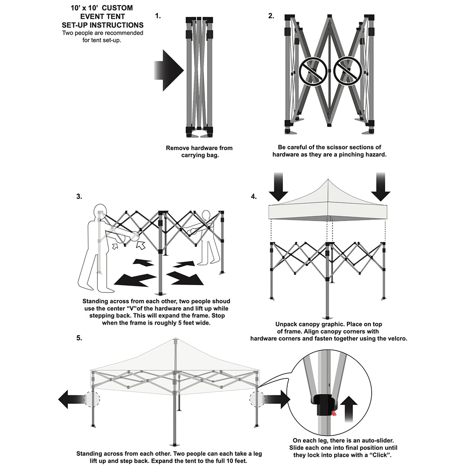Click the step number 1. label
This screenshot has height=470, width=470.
158,16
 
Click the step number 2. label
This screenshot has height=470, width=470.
271,16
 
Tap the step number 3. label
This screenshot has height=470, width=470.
79,197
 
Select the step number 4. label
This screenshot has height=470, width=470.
254,197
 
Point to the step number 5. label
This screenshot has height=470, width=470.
79,338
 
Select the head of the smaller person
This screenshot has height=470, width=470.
206,215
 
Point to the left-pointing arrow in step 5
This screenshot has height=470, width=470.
70,399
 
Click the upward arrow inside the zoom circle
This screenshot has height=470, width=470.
348,409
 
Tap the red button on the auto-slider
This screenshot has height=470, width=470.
333,413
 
